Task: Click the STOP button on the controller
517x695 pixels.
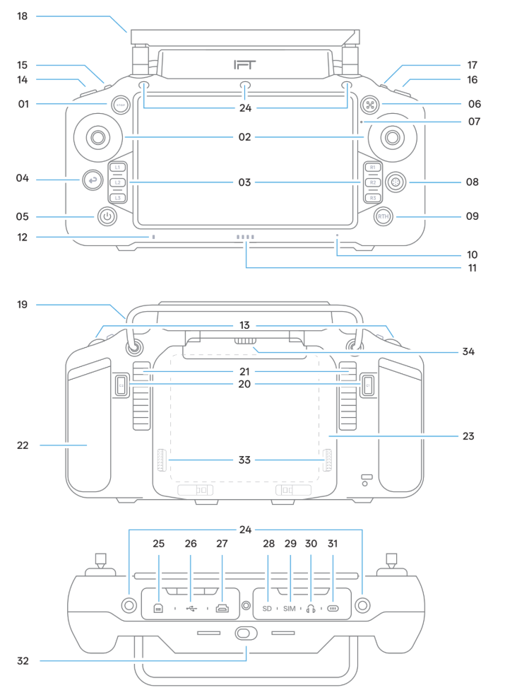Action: pyautogui.click(x=119, y=105)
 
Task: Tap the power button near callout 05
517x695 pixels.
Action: pyautogui.click(x=106, y=216)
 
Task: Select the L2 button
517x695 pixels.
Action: pyautogui.click(x=118, y=182)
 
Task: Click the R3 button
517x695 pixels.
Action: pyautogui.click(x=372, y=198)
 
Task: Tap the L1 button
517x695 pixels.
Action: pyautogui.click(x=118, y=168)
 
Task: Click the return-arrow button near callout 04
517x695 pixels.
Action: pyautogui.click(x=92, y=182)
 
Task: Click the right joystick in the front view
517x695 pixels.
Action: pyautogui.click(x=391, y=136)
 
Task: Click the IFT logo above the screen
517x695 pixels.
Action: pyautogui.click(x=246, y=65)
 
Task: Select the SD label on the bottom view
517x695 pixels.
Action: pyautogui.click(x=267, y=607)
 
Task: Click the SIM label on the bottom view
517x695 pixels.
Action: pyautogui.click(x=290, y=607)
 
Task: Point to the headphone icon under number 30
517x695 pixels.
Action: pyautogui.click(x=311, y=607)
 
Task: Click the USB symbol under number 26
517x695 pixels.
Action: pyautogui.click(x=191, y=607)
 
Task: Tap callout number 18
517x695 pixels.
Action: pyautogui.click(x=23, y=16)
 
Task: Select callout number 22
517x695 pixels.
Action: pyautogui.click(x=23, y=445)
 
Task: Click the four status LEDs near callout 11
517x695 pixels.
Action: pyautogui.click(x=245, y=238)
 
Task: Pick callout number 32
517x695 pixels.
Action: pyautogui.click(x=23, y=662)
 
